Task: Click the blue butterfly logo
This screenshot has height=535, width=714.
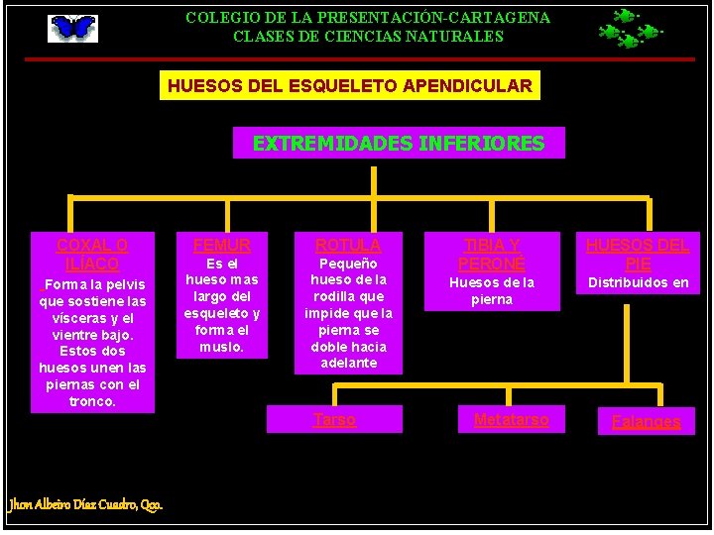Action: [73, 28]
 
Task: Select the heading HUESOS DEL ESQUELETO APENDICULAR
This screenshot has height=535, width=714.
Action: [349, 86]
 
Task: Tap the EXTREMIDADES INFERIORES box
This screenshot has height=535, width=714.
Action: [399, 144]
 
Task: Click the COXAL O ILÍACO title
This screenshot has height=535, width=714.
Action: [92, 255]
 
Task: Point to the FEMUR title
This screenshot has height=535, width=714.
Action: [222, 245]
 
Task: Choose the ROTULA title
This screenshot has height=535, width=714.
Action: [348, 245]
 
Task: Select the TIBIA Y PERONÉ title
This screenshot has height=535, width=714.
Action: [491, 255]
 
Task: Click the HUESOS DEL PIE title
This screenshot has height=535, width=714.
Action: [638, 255]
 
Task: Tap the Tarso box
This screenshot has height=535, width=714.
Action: [334, 420]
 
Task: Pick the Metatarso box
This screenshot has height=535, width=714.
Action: [511, 420]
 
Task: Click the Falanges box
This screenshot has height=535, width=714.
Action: [646, 422]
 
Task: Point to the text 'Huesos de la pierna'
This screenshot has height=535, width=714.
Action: [491, 291]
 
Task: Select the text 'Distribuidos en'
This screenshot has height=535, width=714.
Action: [639, 283]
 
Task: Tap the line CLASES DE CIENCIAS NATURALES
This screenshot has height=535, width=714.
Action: [368, 37]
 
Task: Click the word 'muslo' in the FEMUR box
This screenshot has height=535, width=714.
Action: [220, 348]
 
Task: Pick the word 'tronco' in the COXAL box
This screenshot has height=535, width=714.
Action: [92, 401]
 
